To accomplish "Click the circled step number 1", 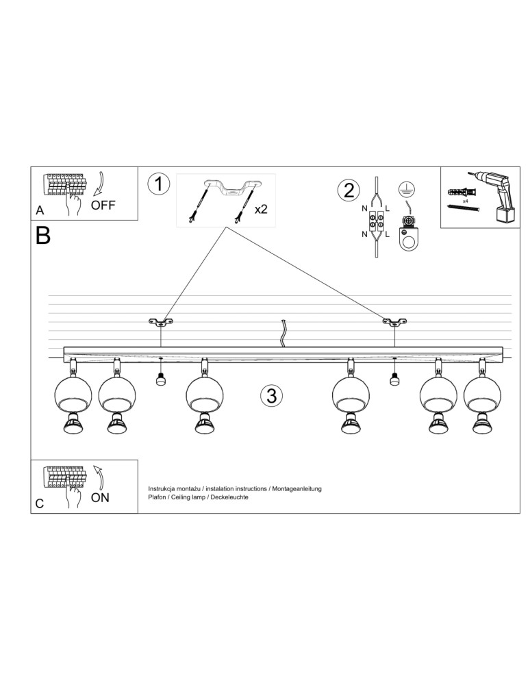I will coord(159,184).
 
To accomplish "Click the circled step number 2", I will coord(348,190).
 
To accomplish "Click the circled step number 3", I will coord(271,395).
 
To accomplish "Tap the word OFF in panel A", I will coord(103,205).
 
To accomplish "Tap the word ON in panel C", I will coord(100,497).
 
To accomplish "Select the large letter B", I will coord(42,236).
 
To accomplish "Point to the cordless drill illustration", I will coord(496,195).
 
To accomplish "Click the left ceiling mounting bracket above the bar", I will coord(161,321).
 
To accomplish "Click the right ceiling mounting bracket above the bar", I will coord(394,321).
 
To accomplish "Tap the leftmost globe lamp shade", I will coord(73,394).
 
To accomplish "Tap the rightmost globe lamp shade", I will coord(481,394).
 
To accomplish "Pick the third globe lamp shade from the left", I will coord(205,394).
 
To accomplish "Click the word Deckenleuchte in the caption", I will coord(229,497).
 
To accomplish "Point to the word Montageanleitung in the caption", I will coord(296,488).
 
